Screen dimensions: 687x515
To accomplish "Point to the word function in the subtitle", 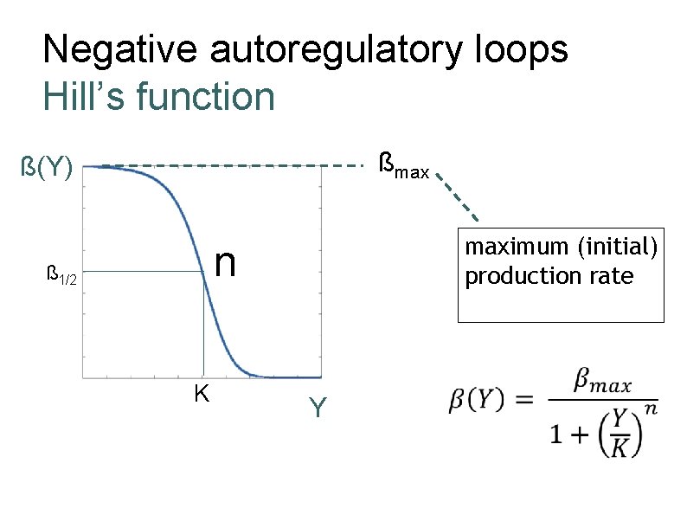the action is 206,96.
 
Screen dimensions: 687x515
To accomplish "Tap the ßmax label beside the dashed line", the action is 405,164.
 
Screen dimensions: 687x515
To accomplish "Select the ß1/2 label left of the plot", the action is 61,277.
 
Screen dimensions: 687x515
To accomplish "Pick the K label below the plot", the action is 202,394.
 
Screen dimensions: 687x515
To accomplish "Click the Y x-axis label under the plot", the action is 318,407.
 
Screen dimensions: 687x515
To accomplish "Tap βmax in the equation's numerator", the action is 602,382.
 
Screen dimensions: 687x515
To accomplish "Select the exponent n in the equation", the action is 651,408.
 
